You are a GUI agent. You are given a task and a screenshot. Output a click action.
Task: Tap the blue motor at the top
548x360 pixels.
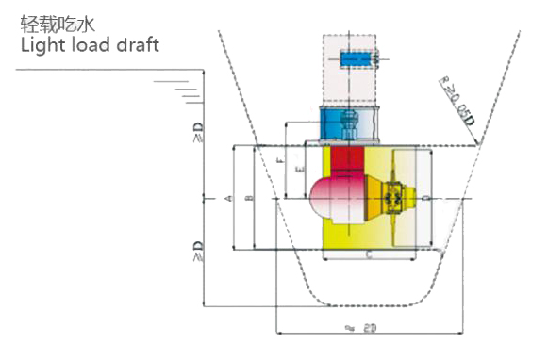(356, 58)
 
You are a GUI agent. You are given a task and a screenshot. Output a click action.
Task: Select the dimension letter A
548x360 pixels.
(229, 198)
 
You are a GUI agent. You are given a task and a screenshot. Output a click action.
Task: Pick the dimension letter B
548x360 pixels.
(248, 198)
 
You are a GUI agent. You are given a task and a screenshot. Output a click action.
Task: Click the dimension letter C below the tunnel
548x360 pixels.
(367, 254)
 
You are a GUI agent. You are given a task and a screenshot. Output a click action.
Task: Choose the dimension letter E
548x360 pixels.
(299, 171)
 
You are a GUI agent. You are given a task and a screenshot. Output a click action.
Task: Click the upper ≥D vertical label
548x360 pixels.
(197, 139)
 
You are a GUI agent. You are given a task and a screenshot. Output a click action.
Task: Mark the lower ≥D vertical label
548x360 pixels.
(197, 253)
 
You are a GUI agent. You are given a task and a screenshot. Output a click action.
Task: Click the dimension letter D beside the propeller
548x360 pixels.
(428, 198)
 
